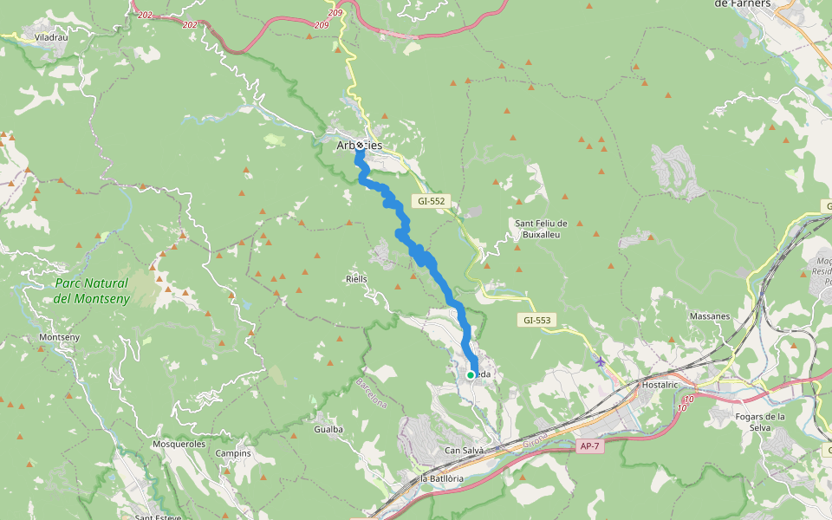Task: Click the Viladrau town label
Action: pos(51,38)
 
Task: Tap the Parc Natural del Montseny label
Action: pos(91,290)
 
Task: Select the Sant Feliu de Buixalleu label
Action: pos(541,229)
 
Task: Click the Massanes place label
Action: pos(709,316)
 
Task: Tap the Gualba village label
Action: pos(328,429)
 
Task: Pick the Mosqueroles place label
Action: pos(179,443)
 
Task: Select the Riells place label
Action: pos(356,279)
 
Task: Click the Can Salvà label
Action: pos(463,451)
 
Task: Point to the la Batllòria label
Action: pos(442,478)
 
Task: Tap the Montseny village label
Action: pos(60,337)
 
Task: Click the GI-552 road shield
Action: pos(431,201)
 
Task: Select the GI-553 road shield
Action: pos(536,320)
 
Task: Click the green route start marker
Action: pos(471,374)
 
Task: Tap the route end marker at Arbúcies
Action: pos(359,146)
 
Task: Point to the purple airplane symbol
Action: pos(601,361)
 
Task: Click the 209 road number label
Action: pos(322,25)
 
